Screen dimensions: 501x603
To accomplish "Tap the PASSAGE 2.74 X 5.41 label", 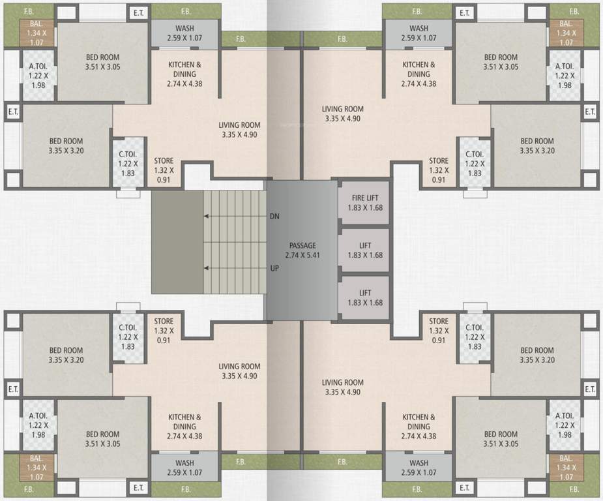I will tap(302, 250).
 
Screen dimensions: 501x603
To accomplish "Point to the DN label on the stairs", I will tap(274, 216).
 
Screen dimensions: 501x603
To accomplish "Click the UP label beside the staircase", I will tap(274, 268).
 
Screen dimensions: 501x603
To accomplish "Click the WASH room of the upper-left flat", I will tap(184, 33).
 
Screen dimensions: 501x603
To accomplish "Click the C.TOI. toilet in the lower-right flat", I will tap(474, 337).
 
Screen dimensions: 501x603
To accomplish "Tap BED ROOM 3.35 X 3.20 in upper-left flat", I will tap(66, 145).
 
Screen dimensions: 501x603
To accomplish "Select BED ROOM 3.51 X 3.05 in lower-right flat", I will tap(500, 439).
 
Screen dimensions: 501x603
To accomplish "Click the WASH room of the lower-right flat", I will tap(419, 467).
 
